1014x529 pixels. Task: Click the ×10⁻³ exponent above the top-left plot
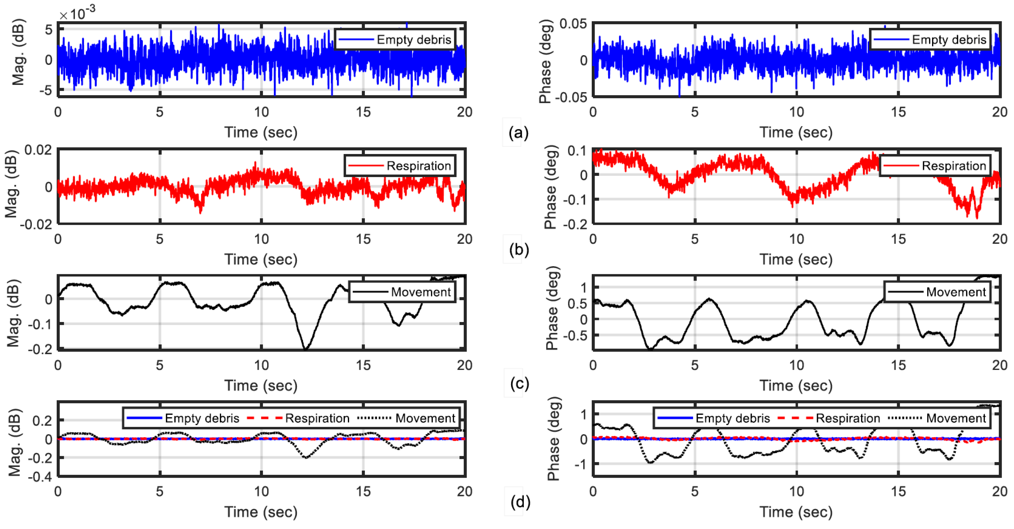[x=77, y=14]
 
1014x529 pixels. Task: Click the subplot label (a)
[x=518, y=133]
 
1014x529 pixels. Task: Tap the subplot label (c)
[x=519, y=383]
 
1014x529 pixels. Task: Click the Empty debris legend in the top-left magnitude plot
[x=395, y=39]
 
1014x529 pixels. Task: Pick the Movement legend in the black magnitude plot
[x=402, y=292]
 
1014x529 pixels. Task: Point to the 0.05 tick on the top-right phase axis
[x=573, y=24]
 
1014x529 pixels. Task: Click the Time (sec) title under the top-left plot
[x=261, y=132]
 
